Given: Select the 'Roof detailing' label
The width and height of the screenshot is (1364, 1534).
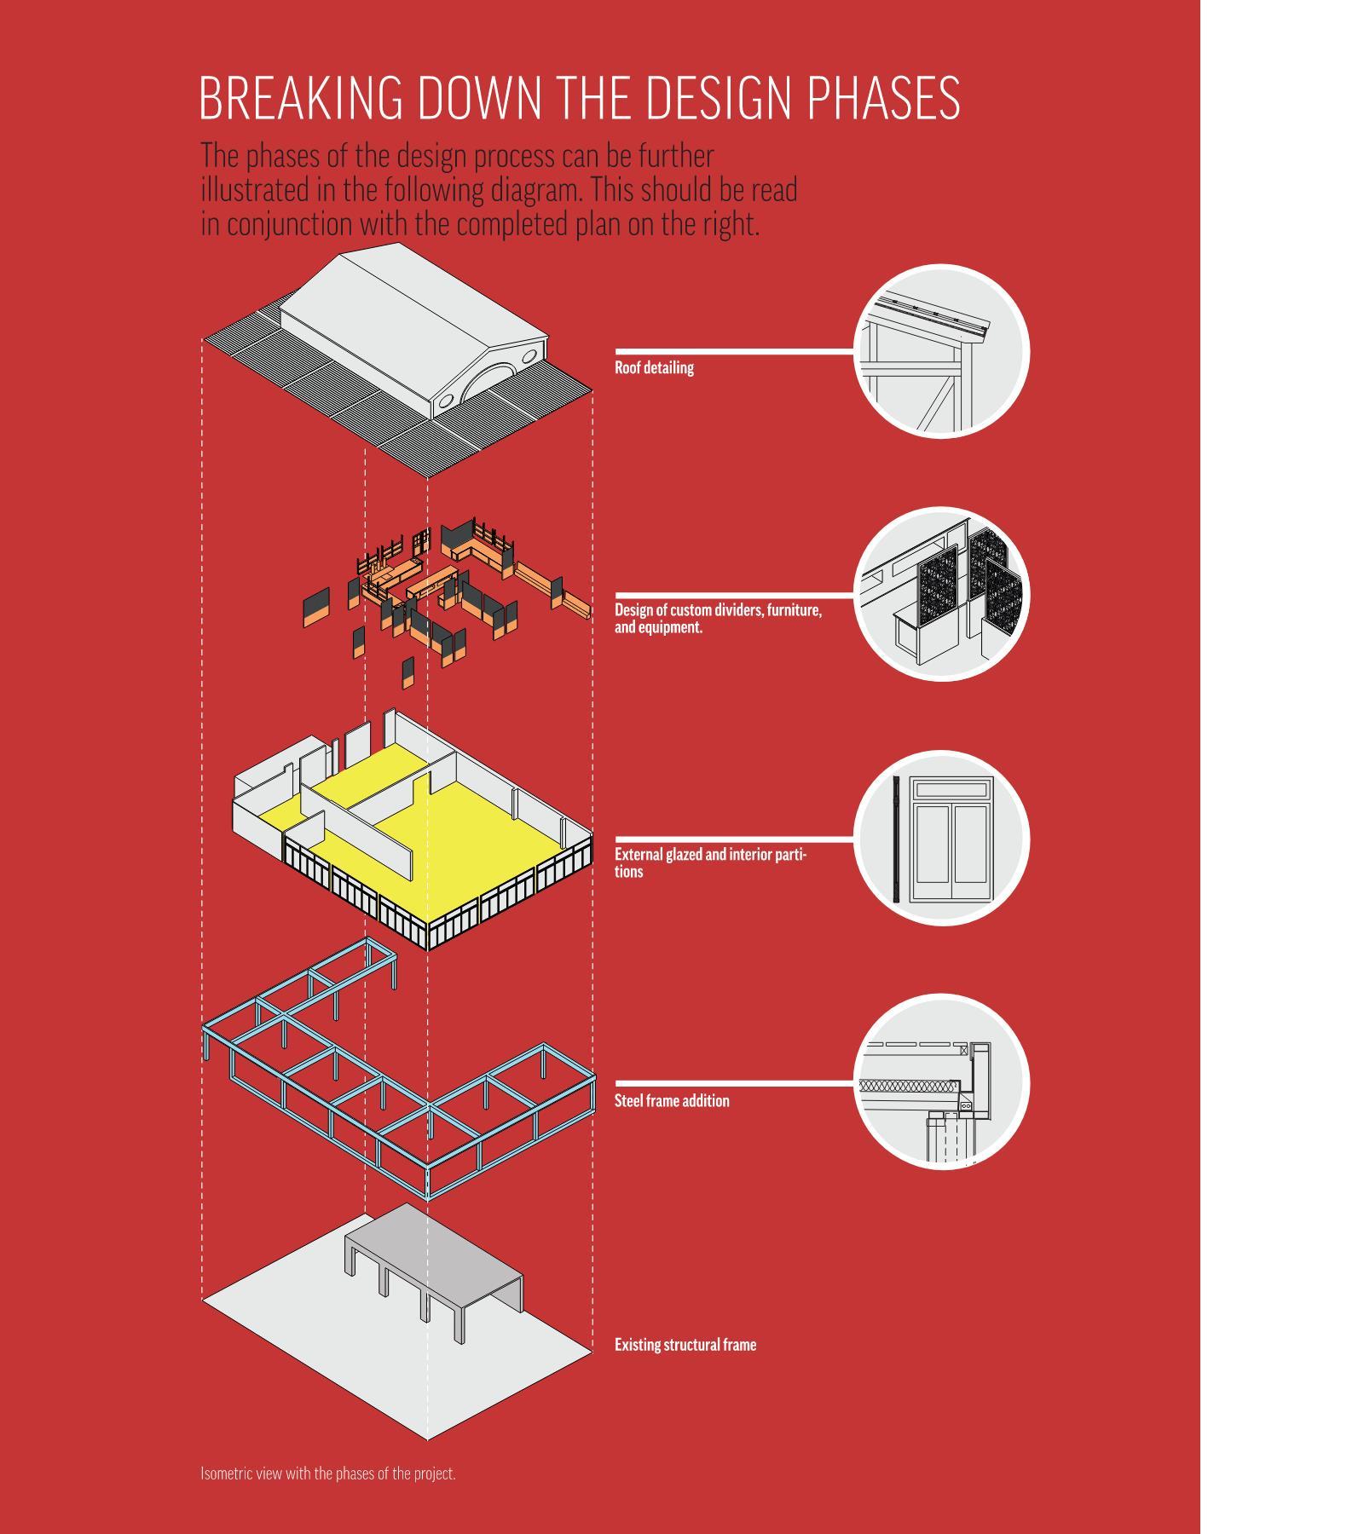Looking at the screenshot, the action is click(654, 368).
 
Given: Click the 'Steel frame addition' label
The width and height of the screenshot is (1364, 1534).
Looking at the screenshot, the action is click(672, 1101).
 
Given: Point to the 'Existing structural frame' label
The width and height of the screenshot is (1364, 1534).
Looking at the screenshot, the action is click(685, 1345).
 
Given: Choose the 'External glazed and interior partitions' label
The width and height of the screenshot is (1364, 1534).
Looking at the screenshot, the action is click(710, 862).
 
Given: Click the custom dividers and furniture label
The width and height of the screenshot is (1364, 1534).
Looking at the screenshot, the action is click(718, 619).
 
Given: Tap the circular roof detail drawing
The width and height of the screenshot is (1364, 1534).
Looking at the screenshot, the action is click(942, 351).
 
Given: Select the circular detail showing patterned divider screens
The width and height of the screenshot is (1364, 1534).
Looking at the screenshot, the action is click(942, 594).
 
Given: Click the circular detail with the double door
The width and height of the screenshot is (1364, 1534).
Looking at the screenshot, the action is click(942, 838).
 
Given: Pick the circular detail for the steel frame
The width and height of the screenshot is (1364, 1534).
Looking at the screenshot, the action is click(942, 1081).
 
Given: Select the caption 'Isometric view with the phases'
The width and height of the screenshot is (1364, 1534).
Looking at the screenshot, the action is click(328, 1473).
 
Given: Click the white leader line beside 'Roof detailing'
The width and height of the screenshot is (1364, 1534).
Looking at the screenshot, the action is click(733, 350).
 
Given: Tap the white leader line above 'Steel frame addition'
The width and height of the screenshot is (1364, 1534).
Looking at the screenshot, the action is click(733, 1083).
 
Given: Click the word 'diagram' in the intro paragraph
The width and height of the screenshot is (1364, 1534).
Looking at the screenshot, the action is click(535, 190).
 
